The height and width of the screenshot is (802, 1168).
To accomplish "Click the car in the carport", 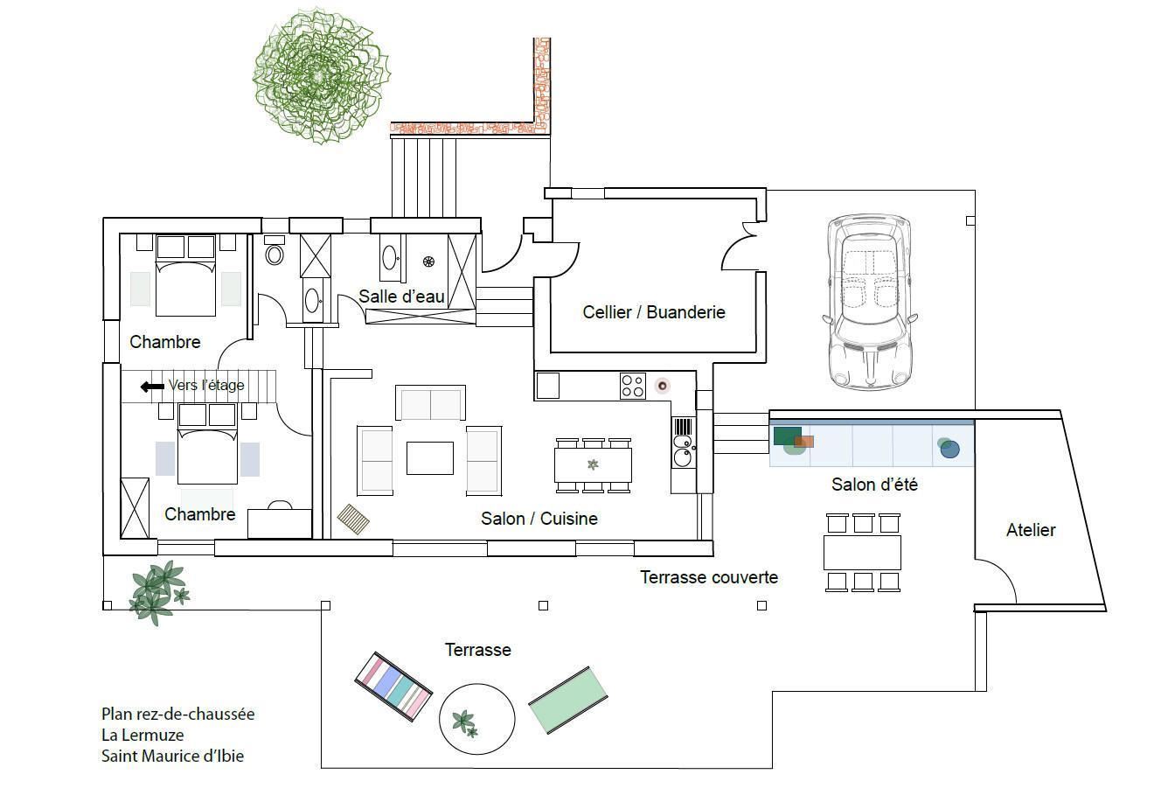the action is pos(869,302).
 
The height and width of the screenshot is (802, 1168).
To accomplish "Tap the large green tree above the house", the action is pos(320,76).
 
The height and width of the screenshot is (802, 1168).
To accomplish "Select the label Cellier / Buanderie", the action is pos(654,312).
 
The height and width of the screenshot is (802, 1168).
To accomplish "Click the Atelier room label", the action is pos(1031,530).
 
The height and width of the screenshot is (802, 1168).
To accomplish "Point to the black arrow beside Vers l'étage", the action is pos(152,387).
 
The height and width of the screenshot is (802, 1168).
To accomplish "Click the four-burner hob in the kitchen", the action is pos(632,386).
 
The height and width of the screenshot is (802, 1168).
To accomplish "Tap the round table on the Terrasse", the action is pos(477,719).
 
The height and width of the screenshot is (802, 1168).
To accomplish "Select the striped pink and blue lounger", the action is pos(393,687).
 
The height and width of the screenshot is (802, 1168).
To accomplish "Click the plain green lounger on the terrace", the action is pos(568,701).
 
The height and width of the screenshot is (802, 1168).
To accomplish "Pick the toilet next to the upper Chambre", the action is pos(275,251).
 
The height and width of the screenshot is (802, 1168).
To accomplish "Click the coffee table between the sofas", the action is pos(430,458).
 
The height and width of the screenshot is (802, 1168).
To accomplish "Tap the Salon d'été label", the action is pos(874,485).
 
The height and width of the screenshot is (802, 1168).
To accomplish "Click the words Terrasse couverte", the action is pos(709,577).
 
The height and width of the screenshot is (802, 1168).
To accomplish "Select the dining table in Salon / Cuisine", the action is pos(593,465).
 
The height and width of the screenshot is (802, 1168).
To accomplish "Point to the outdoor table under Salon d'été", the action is pos(862,553).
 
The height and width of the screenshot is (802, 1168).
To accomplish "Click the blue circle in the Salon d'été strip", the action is pos(949,449).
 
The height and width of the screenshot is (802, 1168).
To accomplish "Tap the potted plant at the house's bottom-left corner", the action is pos(159,592).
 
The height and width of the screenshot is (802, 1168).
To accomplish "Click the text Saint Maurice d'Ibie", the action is pos(172,756).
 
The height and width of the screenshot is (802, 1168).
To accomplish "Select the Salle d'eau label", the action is pos(401,296).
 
